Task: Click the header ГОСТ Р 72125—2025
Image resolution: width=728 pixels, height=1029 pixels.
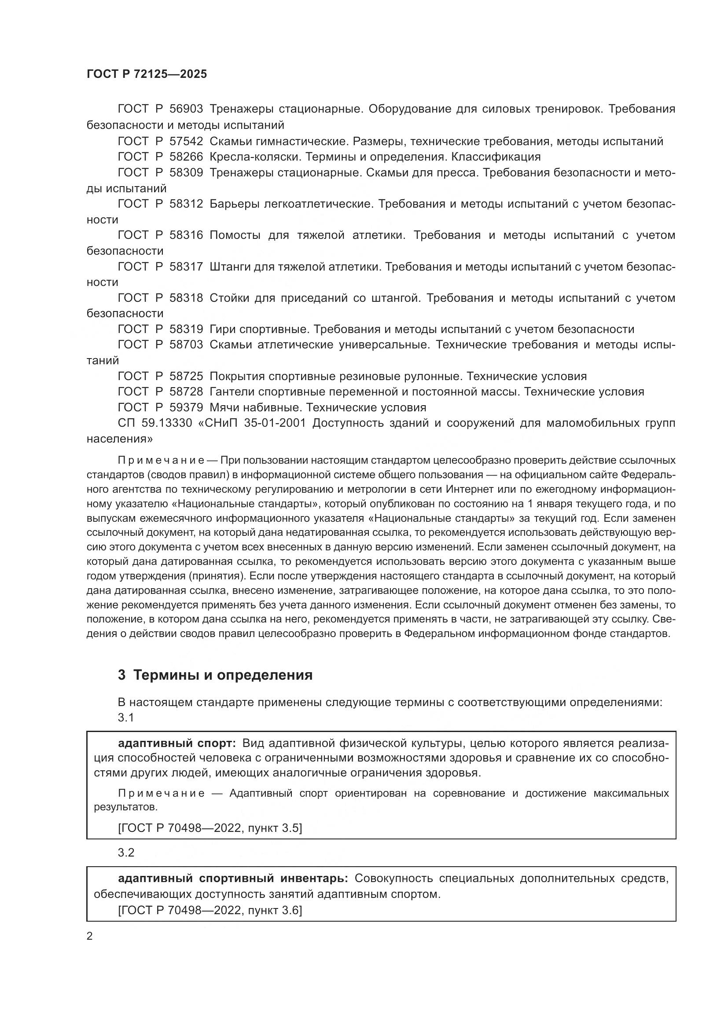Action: pos(147,74)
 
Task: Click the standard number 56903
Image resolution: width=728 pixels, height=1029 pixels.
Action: pos(186,110)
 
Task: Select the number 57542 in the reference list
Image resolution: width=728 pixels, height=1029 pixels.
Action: pos(186,142)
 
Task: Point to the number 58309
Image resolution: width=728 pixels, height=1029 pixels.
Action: pos(186,173)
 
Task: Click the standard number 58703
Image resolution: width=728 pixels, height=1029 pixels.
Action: pos(186,345)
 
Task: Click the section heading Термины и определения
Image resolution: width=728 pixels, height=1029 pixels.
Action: pos(223,675)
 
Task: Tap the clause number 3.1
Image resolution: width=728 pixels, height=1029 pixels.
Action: pos(126,718)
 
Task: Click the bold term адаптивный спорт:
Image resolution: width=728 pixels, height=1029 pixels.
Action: pos(176,744)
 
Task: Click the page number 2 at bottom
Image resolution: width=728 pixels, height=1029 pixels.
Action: pos(90,936)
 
